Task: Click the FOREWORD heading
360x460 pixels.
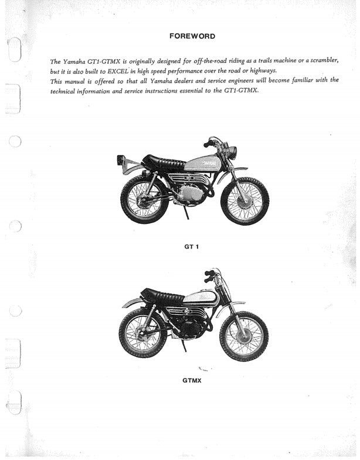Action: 192,36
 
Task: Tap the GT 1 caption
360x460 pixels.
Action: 192,246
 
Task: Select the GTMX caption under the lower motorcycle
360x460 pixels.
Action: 192,380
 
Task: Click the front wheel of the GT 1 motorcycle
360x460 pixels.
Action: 244,200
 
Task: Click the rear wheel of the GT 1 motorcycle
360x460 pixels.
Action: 144,199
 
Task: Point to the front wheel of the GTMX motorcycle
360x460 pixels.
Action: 243,336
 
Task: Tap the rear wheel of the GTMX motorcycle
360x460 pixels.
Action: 142,332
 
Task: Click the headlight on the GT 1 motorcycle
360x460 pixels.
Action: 231,153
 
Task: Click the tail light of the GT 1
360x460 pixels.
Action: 121,159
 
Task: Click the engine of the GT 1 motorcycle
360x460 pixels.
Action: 191,192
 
